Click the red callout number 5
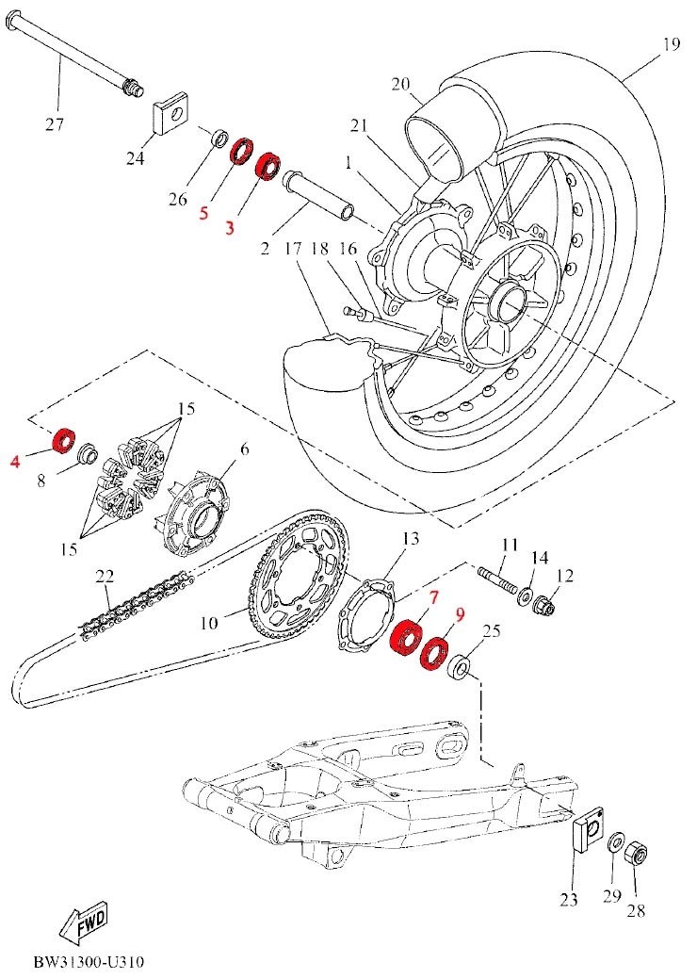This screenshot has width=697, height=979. (204, 214)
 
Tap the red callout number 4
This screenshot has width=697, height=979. (16, 462)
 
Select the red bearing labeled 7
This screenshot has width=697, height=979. (404, 636)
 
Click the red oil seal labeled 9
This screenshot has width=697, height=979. (434, 653)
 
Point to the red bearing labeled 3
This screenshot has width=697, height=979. (268, 166)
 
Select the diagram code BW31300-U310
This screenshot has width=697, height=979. (89, 961)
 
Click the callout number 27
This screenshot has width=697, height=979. (55, 124)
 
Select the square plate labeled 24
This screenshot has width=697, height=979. (171, 112)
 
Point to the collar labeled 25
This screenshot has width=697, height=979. (460, 668)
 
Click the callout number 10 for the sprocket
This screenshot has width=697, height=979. (210, 623)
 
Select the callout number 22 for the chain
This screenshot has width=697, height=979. (105, 577)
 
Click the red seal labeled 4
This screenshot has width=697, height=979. (63, 441)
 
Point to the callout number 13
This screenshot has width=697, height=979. (411, 538)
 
